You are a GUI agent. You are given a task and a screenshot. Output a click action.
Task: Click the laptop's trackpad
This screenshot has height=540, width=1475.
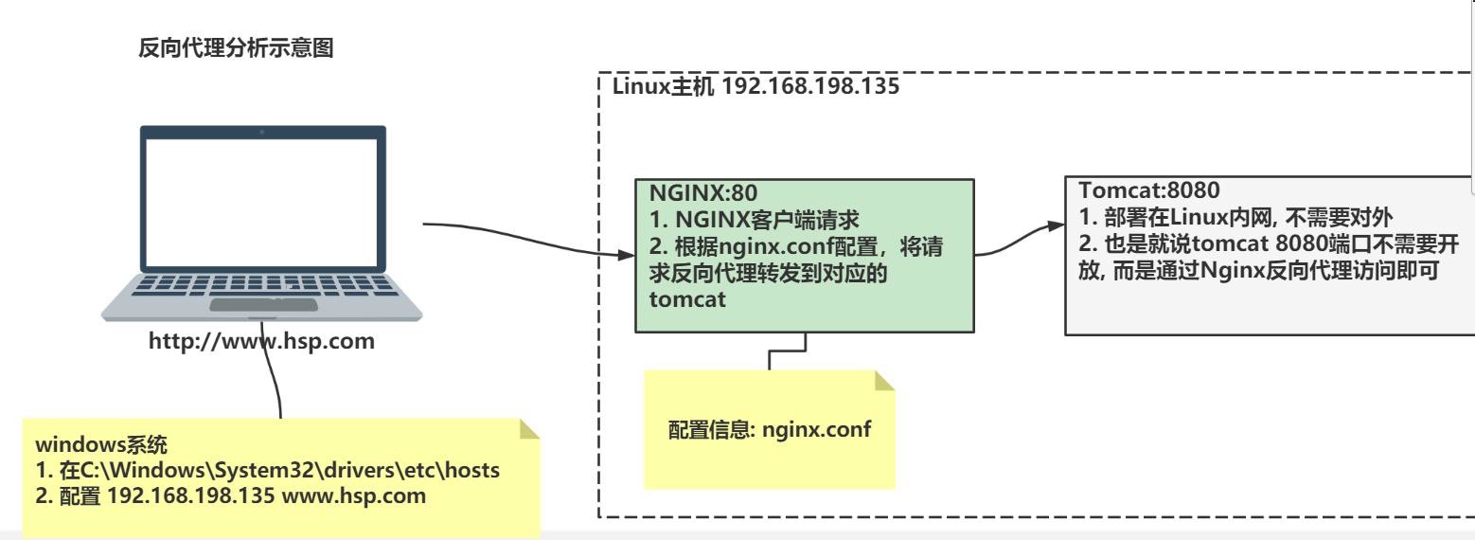click(x=262, y=304)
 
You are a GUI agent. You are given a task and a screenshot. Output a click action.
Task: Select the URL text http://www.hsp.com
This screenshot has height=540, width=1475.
click(x=262, y=341)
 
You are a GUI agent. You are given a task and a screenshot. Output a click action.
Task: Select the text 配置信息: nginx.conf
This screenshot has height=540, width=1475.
click(x=770, y=428)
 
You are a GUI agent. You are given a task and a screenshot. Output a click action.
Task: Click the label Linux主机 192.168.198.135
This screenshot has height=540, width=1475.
click(x=755, y=87)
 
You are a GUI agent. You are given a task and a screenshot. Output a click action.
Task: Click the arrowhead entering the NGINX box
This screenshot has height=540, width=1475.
click(x=625, y=256)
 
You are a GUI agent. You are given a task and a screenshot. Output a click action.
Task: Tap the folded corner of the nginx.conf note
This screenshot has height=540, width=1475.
click(x=883, y=381)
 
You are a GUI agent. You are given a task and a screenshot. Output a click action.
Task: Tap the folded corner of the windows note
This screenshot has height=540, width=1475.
click(x=529, y=430)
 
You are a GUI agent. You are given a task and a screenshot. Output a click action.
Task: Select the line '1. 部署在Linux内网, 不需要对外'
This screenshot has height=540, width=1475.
click(x=1235, y=214)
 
